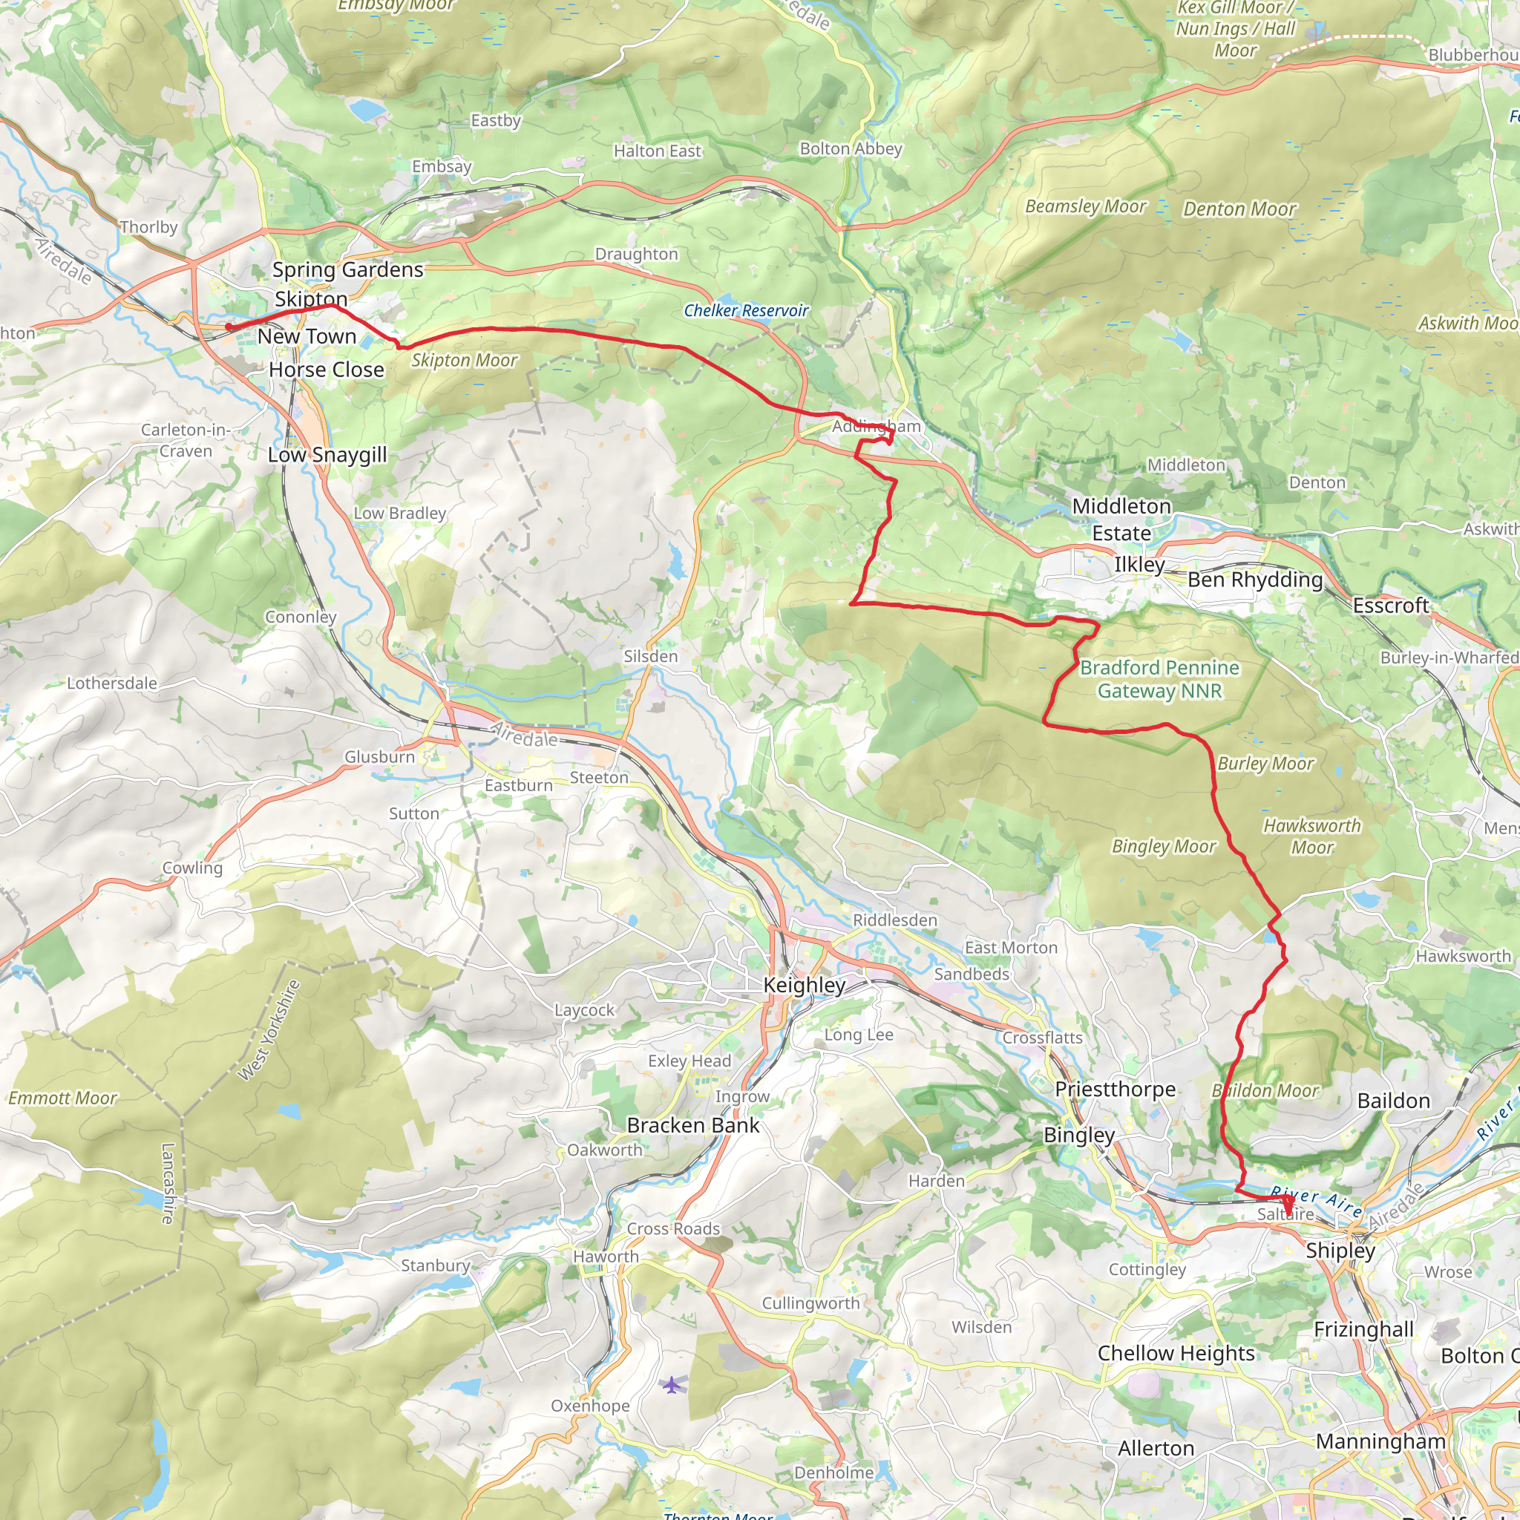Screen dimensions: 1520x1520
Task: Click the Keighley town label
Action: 804,985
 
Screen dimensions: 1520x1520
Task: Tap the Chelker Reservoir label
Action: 745,311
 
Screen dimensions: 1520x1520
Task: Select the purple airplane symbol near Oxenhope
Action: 670,1384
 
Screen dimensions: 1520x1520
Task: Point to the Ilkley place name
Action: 1139,565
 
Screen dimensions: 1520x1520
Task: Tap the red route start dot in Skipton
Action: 228,327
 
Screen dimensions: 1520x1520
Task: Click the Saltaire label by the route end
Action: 1285,1214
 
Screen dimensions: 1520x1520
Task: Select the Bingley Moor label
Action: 1163,847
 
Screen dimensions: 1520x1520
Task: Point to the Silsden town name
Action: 650,656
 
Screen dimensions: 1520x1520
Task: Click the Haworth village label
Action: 605,1257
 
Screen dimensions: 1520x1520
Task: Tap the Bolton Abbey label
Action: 851,148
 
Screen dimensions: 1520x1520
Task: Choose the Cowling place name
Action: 192,868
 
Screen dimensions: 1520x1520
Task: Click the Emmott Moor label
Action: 62,1098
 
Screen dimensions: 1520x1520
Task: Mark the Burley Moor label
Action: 1265,764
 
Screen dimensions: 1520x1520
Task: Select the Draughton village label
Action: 636,254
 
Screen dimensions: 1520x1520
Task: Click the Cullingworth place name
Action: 810,1303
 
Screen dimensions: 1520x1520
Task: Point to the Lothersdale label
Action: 112,683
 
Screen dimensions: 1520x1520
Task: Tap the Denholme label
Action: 833,1472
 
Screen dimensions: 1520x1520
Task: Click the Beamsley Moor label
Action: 1085,207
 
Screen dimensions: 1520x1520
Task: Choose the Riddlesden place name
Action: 894,920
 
